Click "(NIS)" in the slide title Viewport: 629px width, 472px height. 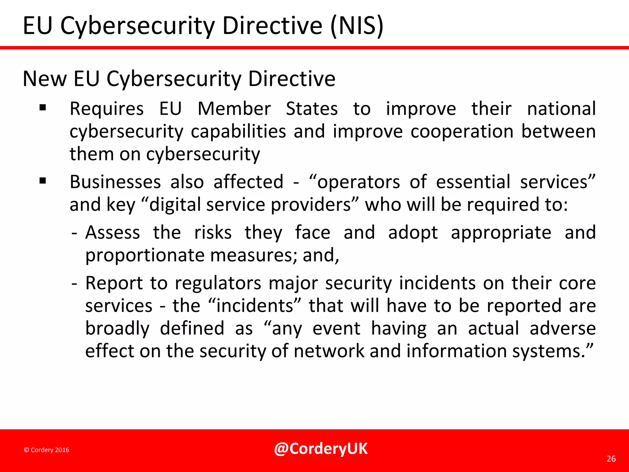(357, 26)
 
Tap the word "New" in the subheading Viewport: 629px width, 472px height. (45, 79)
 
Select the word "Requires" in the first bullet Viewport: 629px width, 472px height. (107, 109)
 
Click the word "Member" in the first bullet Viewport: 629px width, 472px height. (234, 109)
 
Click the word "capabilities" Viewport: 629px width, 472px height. (238, 132)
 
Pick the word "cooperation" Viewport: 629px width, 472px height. (462, 132)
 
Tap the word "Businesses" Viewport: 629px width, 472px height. (115, 182)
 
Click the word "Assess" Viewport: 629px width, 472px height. (113, 232)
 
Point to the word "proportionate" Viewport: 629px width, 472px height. (145, 255)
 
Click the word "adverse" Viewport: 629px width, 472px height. (563, 328)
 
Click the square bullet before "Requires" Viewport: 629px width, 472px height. (43, 108)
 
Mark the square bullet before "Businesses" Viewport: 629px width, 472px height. (43, 181)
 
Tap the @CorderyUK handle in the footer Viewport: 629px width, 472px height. (321, 449)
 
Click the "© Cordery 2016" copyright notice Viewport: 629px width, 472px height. (47, 450)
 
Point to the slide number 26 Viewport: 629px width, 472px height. (611, 459)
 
